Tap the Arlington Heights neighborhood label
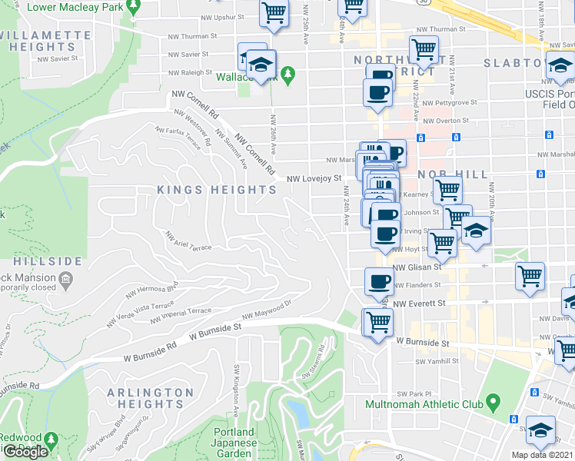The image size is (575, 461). point(151,398)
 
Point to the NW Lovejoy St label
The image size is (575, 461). point(314,178)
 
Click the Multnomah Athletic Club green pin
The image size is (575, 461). point(494,401)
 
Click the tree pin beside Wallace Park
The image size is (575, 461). point(288,75)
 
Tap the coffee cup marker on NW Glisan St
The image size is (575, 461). point(377,281)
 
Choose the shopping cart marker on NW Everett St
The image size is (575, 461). point(377,323)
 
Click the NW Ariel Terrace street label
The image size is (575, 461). point(188,242)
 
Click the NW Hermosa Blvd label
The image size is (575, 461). point(151,290)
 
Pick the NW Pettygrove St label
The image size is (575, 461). point(451,101)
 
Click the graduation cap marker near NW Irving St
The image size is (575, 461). point(477,234)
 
